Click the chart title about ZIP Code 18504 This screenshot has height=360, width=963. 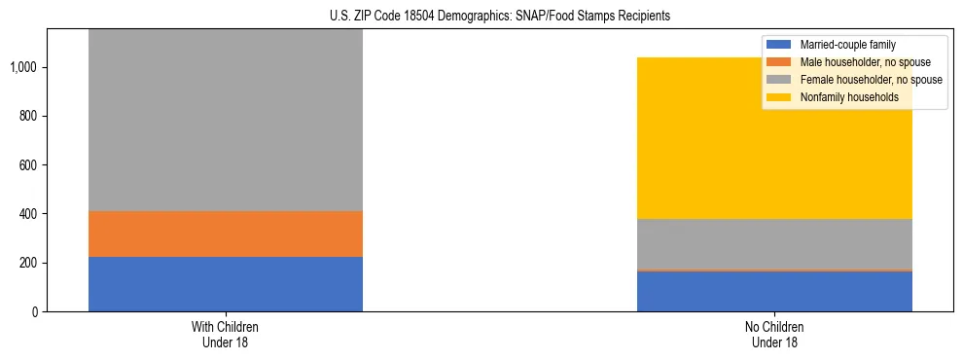482,17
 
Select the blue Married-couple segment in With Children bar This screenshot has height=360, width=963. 225,284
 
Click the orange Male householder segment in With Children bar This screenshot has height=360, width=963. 225,234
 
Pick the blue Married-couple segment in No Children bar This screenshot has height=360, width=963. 774,291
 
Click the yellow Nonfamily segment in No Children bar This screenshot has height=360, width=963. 774,146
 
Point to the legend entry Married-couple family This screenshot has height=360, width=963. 847,45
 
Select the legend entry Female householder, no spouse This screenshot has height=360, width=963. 870,80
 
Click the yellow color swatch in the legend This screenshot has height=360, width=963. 780,97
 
